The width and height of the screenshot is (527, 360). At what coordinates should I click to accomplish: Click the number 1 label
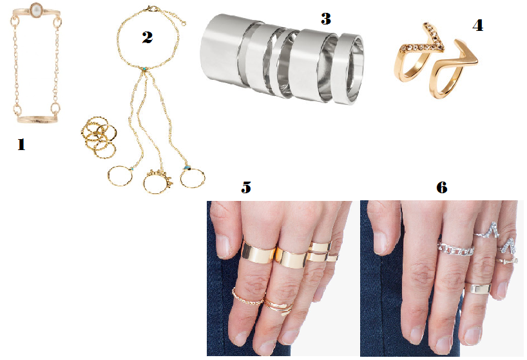[21, 145]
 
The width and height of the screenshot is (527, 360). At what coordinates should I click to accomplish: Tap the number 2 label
[147, 37]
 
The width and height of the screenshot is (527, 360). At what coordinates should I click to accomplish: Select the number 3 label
[326, 19]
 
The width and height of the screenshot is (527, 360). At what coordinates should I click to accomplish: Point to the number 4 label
[478, 26]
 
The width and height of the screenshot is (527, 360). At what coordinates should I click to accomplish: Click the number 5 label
[246, 187]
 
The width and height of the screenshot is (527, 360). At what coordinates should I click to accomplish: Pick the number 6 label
[441, 187]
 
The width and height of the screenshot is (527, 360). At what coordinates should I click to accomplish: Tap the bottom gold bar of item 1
[37, 119]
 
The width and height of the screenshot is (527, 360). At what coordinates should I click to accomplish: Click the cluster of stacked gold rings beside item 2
[99, 137]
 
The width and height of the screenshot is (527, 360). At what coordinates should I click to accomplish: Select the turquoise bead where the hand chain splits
[144, 69]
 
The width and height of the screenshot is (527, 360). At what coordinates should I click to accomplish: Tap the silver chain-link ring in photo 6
[455, 249]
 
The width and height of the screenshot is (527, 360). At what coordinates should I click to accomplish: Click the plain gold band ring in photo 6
[477, 289]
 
